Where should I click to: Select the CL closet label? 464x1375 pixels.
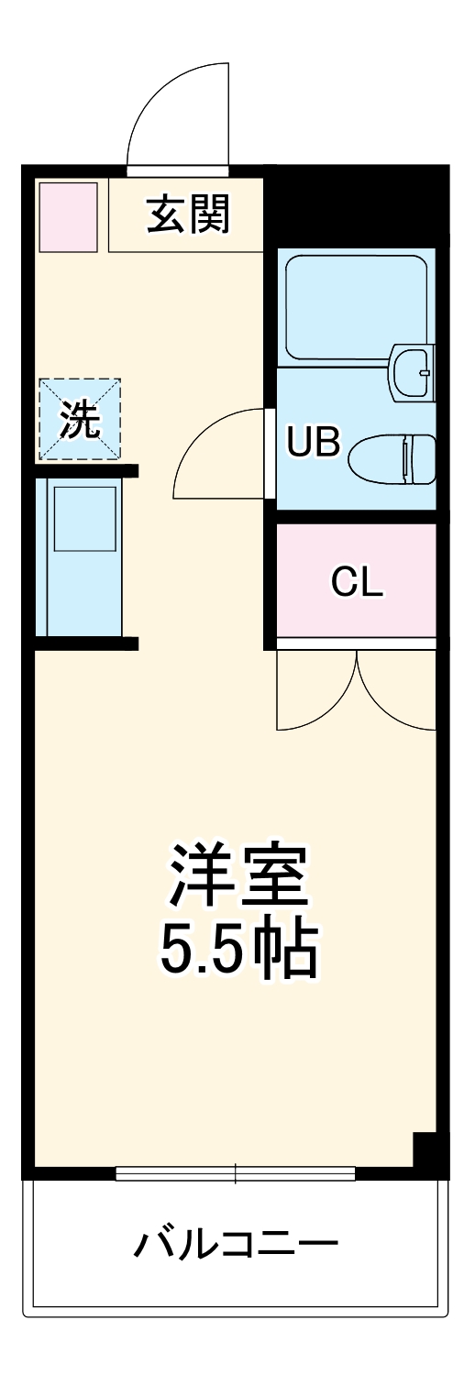[357, 581]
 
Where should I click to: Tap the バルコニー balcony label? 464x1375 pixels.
[237, 1244]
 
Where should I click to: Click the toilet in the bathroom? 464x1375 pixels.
[393, 457]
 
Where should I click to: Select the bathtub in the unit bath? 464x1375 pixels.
[356, 307]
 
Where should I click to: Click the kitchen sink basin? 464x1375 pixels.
[85, 518]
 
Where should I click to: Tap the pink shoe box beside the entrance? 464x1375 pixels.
[67, 216]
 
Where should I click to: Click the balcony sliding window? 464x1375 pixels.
[235, 1172]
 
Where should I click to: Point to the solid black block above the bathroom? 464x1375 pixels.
[358, 206]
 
